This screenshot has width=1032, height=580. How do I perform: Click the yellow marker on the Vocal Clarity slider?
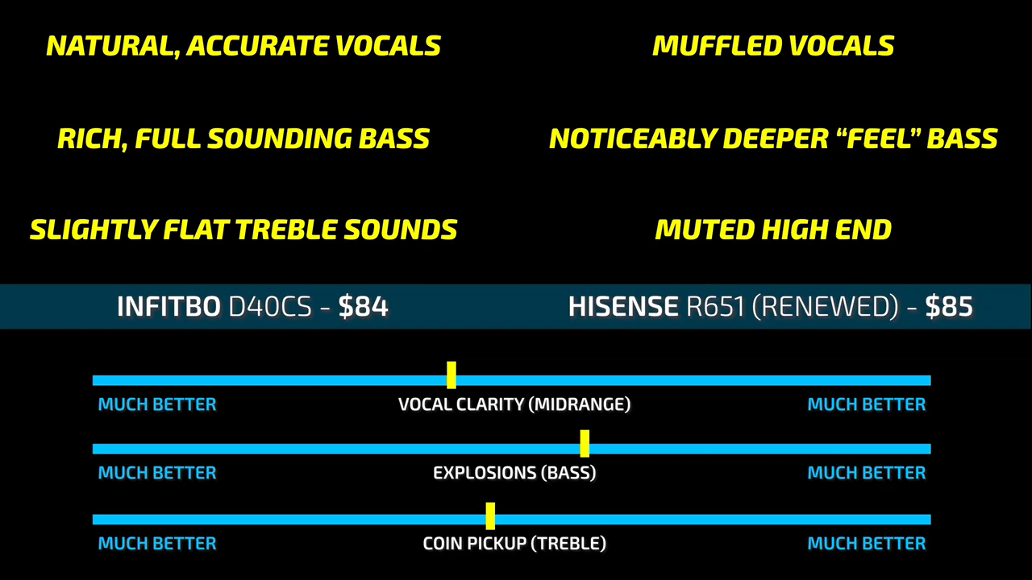[x=451, y=375]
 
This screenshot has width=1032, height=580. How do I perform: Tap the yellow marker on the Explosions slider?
[x=585, y=443]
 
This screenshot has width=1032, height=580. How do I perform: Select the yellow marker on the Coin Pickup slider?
[x=490, y=516]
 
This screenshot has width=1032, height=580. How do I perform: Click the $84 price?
[x=364, y=307]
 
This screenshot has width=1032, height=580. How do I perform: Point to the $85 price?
[x=949, y=307]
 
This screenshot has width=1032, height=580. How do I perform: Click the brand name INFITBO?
[x=169, y=307]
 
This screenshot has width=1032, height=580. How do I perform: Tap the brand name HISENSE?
[x=623, y=307]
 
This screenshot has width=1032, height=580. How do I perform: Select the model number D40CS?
[x=270, y=307]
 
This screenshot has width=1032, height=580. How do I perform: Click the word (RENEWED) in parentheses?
[x=825, y=307]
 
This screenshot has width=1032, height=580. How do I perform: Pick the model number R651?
[x=715, y=307]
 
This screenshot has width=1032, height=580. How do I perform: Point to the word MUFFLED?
[x=717, y=46]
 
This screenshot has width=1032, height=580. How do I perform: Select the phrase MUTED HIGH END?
[x=773, y=230]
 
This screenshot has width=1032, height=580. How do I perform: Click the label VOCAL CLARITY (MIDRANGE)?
[x=514, y=404]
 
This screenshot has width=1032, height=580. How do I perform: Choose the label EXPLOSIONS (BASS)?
[x=514, y=473]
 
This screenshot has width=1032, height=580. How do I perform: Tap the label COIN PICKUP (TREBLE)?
[x=514, y=544]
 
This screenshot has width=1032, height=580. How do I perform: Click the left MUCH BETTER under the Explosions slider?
[x=157, y=473]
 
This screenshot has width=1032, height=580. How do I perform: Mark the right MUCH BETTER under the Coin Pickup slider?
[x=867, y=544]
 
